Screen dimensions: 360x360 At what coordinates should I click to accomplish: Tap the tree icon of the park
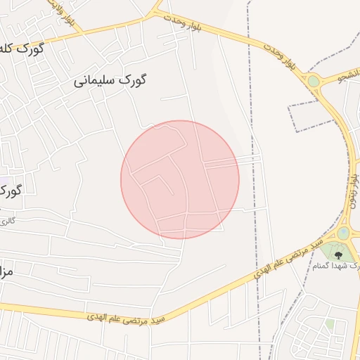click(x=339, y=255)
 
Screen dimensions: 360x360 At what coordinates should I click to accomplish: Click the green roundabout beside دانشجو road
click(x=314, y=82)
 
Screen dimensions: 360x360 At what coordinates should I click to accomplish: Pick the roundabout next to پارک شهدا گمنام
click(x=343, y=233)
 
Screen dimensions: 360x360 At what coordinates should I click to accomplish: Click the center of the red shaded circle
click(x=180, y=179)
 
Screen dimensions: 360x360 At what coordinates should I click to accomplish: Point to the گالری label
click(x=6, y=221)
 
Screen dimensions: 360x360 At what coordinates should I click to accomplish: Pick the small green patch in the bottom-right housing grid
click(x=329, y=324)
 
